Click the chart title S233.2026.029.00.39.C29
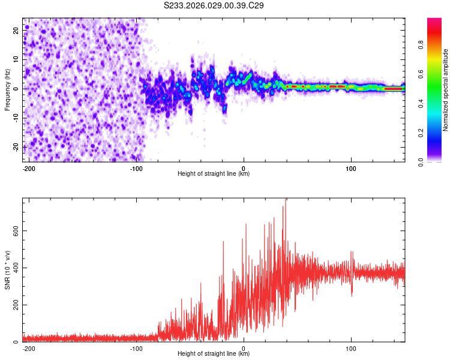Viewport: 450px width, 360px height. (214, 6)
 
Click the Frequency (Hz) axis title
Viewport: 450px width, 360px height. (7, 90)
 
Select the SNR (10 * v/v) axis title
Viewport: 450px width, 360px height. (7, 270)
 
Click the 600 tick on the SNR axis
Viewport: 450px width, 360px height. (14, 230)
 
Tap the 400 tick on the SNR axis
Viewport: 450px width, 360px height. (14, 268)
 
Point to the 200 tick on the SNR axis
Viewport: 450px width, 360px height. (14, 305)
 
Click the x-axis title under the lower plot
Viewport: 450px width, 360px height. (214, 354)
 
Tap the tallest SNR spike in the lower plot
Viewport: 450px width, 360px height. (286, 200)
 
